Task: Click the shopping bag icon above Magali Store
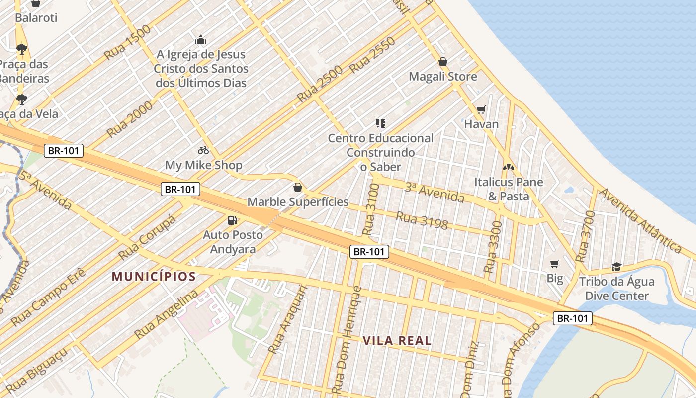(x=443, y=62)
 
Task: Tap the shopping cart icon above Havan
(x=481, y=109)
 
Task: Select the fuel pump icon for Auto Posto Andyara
(x=232, y=220)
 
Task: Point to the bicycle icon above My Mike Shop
(x=203, y=150)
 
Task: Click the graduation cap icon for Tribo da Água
(x=616, y=267)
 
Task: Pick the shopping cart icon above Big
(x=555, y=264)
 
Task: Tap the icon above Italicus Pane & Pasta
(x=509, y=167)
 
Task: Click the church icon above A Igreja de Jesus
(x=201, y=40)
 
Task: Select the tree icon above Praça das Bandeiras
(x=21, y=49)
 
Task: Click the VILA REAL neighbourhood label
(x=397, y=341)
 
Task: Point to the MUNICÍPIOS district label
(x=154, y=277)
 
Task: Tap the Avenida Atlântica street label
(x=640, y=220)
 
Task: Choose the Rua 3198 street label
(x=422, y=220)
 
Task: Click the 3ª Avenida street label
(x=434, y=193)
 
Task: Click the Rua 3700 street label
(x=585, y=237)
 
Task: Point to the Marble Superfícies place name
(x=298, y=202)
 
